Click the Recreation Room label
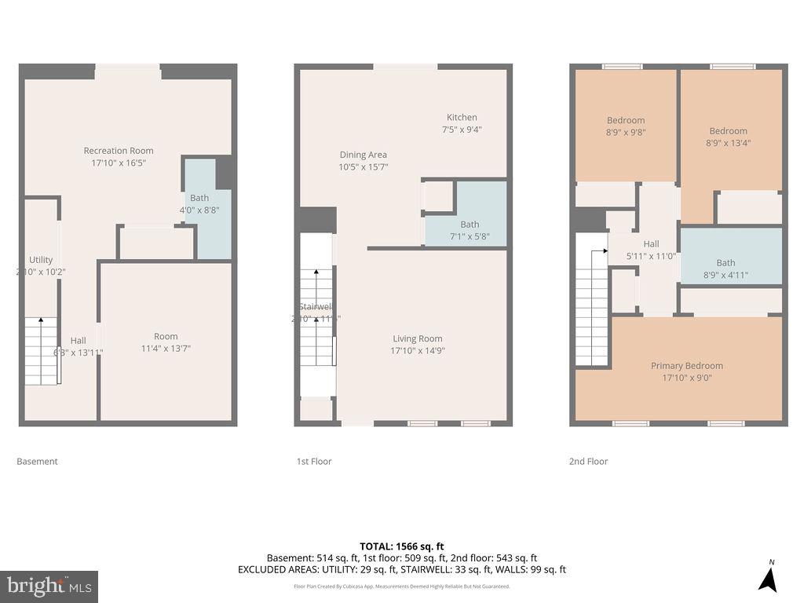[119, 156]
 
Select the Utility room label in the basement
[41, 265]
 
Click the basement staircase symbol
[43, 350]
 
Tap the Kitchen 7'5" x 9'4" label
[462, 123]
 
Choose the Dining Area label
[363, 161]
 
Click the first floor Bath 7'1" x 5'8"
[470, 230]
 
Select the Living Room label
[418, 345]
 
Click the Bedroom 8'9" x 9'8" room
[626, 126]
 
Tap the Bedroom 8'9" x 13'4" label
[728, 137]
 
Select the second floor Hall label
[651, 250]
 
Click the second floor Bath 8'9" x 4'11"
[725, 269]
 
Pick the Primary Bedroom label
[686, 371]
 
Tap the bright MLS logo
[49, 586]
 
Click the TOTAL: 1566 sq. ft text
[401, 546]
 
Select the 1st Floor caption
[314, 462]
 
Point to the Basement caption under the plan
[37, 462]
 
